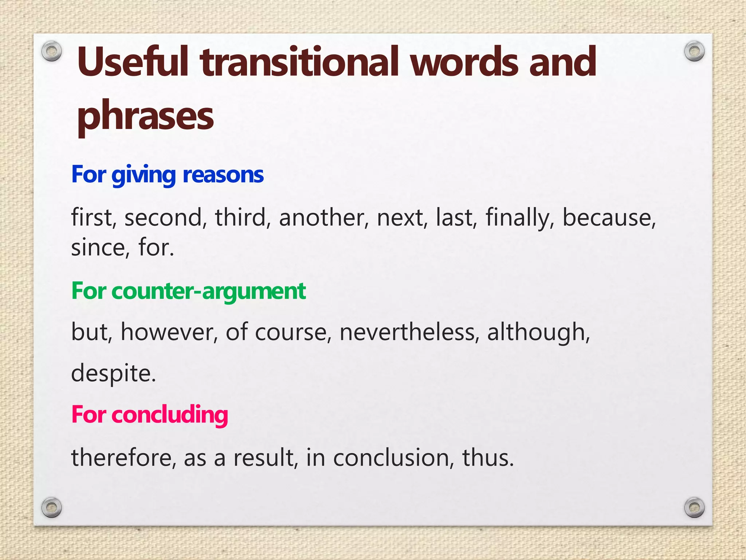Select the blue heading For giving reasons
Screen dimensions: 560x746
pos(167,175)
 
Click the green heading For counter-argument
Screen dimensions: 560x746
pos(188,291)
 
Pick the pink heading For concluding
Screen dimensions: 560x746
pos(149,415)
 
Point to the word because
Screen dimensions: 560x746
pos(609,218)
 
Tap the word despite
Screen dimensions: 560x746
pos(113,373)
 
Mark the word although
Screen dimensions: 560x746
pos(538,332)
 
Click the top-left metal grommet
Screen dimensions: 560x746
pos(51,51)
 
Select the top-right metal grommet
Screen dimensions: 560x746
pos(694,51)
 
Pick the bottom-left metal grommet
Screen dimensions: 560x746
pos(51,507)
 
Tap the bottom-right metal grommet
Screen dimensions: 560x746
pos(694,507)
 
